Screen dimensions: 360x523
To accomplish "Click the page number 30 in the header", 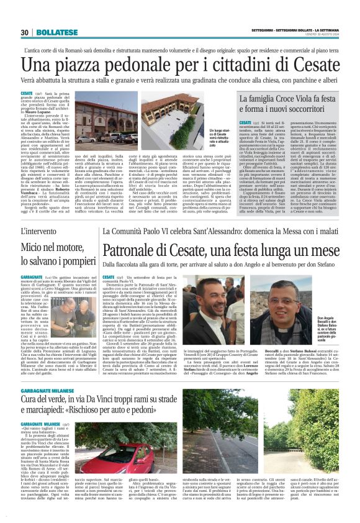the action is [x=25, y=32].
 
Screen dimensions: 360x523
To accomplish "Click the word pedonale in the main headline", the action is [x=142, y=64].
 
